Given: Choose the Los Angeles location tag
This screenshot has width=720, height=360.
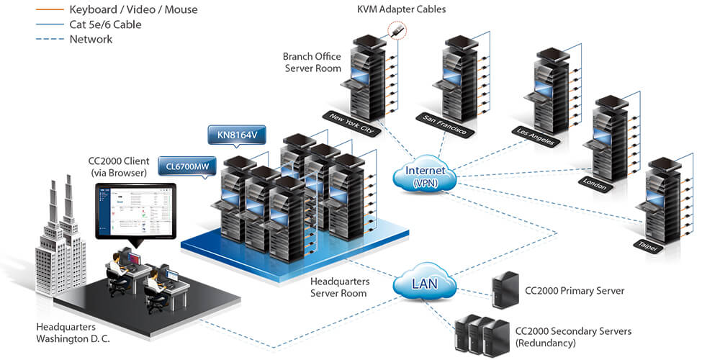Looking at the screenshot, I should pyautogui.click(x=536, y=136).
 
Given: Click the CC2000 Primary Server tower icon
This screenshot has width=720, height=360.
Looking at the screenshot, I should pyautogui.click(x=501, y=291).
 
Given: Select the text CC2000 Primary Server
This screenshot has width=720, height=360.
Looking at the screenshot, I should pyautogui.click(x=570, y=291).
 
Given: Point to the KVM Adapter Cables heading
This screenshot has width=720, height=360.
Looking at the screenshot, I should pyautogui.click(x=402, y=9).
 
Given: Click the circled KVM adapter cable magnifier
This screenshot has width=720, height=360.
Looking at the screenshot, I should pyautogui.click(x=396, y=31).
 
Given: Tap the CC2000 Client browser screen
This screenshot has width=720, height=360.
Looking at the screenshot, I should pyautogui.click(x=136, y=210).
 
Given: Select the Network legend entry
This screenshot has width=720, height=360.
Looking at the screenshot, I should pyautogui.click(x=91, y=39).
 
